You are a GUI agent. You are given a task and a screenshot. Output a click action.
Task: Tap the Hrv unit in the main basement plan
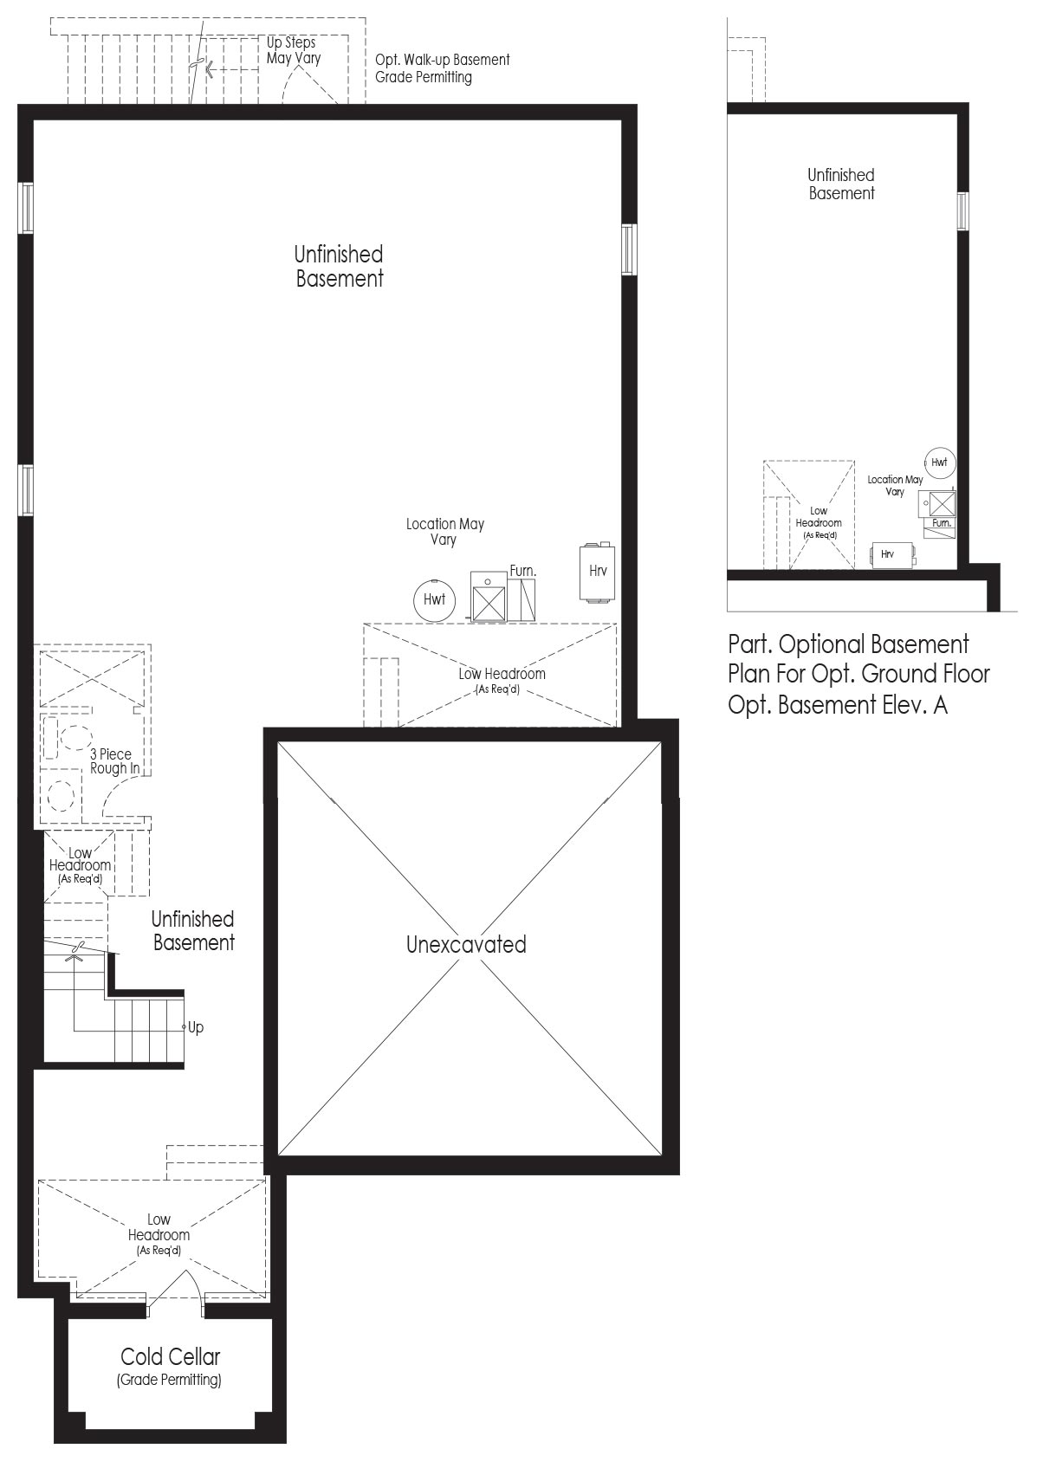click(597, 571)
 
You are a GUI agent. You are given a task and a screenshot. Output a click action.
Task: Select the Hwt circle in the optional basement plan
click(939, 463)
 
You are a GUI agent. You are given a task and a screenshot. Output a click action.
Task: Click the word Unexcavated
click(466, 944)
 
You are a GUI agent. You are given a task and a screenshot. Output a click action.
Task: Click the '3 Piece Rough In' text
click(115, 761)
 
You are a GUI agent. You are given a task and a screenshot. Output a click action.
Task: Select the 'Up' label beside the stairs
click(196, 1027)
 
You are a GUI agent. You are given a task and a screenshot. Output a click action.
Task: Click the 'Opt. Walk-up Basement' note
click(442, 60)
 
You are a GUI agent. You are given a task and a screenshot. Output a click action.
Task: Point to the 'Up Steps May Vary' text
click(293, 50)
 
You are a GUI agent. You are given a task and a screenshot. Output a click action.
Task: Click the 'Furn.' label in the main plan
click(523, 571)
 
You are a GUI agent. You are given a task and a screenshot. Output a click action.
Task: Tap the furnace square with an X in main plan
click(489, 604)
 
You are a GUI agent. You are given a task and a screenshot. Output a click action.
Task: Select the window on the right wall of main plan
click(629, 249)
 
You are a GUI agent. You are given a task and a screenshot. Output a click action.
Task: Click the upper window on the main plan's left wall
click(25, 208)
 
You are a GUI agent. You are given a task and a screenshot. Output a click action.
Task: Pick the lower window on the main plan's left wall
click(25, 489)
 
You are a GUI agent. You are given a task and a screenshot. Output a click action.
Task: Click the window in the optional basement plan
click(962, 210)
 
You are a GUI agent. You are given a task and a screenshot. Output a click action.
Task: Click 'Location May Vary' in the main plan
click(444, 531)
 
